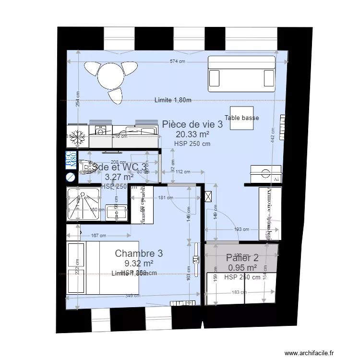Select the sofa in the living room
click(x=241, y=74)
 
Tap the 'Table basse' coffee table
click(x=241, y=118)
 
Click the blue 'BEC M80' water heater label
click(x=71, y=159)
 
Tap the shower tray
click(x=84, y=204)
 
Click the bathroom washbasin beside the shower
click(x=116, y=211)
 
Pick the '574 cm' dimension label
click(x=178, y=61)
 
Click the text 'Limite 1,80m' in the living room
click(x=173, y=100)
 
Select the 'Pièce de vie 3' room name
click(x=192, y=124)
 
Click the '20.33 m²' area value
click(x=192, y=135)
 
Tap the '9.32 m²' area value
click(x=139, y=263)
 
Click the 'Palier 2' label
click(x=242, y=258)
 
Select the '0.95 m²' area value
click(x=242, y=268)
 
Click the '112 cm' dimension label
click(x=182, y=172)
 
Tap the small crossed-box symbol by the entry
click(x=208, y=196)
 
